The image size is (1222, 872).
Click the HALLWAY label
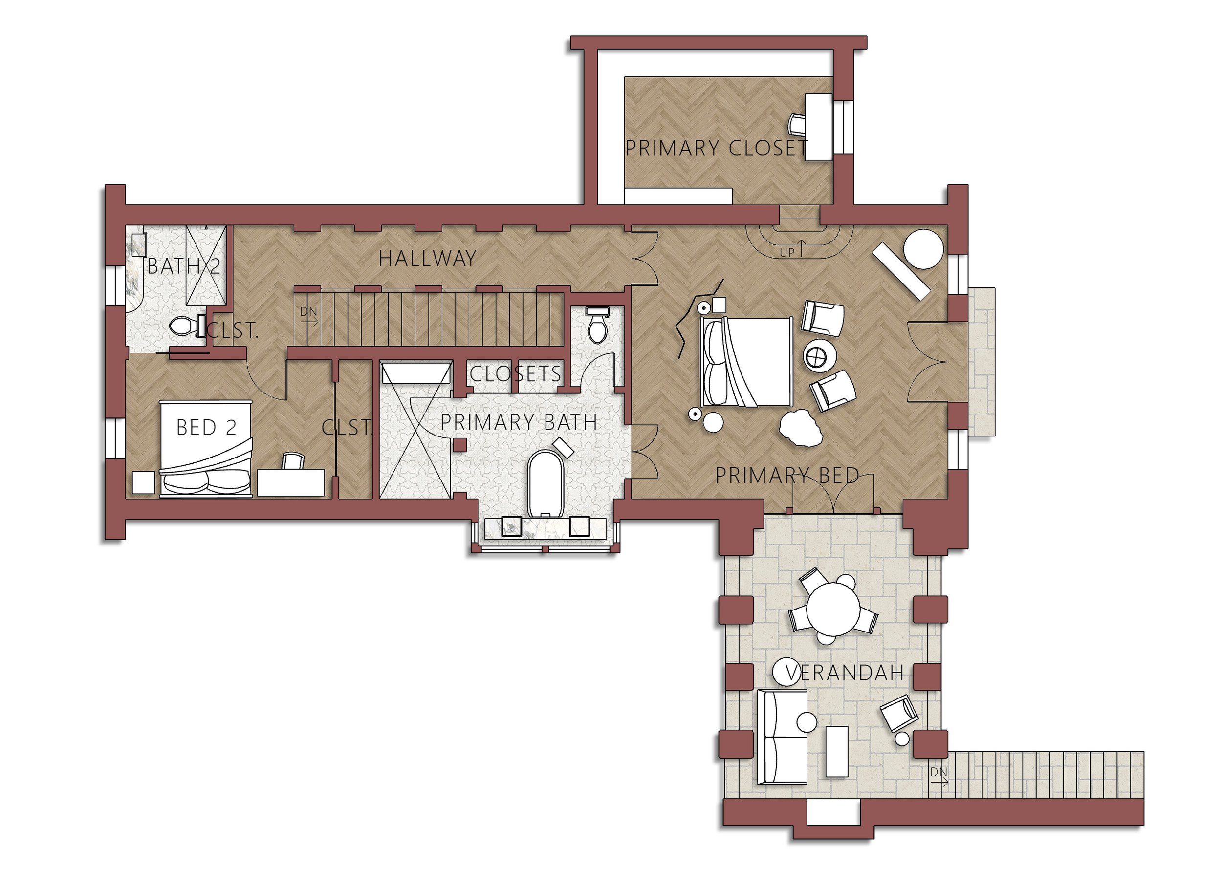pyautogui.click(x=427, y=259)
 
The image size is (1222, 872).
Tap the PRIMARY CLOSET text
pyautogui.click(x=716, y=148)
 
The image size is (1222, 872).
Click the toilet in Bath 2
pyautogui.click(x=186, y=326)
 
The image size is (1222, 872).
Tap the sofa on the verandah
pyautogui.click(x=782, y=736)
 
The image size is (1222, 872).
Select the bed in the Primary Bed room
pyautogui.click(x=747, y=361)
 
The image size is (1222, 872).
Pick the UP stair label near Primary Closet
pyautogui.click(x=786, y=252)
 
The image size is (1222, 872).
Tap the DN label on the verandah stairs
pyautogui.click(x=939, y=772)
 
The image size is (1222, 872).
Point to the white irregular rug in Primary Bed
pyautogui.click(x=801, y=428)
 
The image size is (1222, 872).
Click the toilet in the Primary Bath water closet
pyautogui.click(x=597, y=326)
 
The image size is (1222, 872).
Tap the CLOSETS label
pyautogui.click(x=515, y=374)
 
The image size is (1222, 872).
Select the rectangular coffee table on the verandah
pyautogui.click(x=836, y=751)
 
